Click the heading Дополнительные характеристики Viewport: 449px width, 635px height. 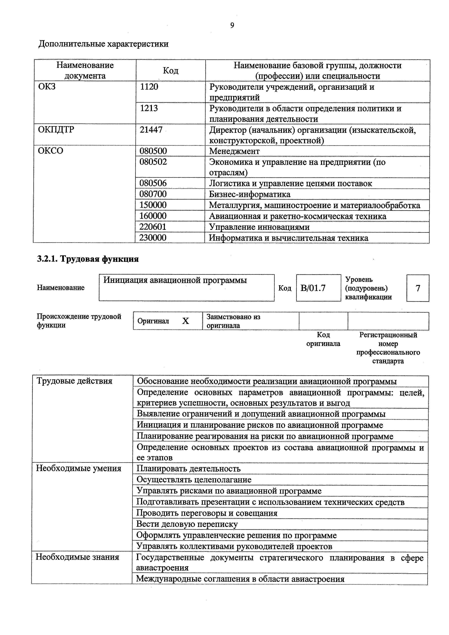(103, 44)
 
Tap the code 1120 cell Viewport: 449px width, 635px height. (149, 87)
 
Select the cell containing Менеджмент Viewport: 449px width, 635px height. (234, 151)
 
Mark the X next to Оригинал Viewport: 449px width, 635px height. (185, 321)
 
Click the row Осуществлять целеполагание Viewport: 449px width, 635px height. (194, 480)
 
